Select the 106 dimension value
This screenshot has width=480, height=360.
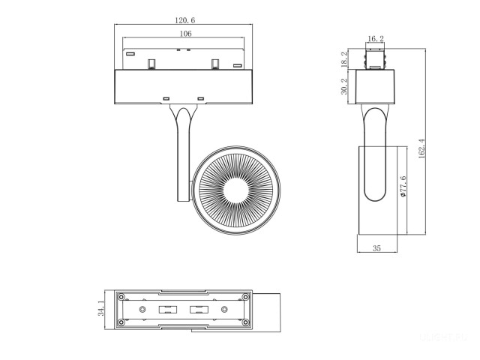point(185,34)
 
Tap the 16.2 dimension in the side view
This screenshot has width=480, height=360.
point(376,39)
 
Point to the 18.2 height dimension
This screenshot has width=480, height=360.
point(344,60)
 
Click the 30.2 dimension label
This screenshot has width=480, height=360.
point(344,87)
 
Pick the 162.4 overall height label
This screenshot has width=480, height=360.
point(421,148)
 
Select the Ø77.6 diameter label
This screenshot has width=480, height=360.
point(403,186)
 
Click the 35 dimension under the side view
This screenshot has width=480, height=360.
point(376,248)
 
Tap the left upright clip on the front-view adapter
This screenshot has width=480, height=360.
point(151,63)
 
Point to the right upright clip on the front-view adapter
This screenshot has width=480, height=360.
point(214,63)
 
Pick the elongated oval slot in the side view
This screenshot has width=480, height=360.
point(376,157)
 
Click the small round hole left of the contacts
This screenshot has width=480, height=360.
point(142,309)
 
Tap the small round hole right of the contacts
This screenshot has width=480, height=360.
point(223,309)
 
